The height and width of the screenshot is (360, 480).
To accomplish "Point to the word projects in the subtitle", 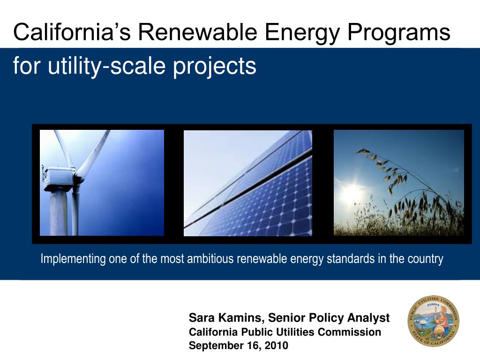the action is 214,67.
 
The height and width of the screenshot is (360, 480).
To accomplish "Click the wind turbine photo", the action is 102,183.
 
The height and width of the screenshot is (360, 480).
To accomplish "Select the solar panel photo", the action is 248,183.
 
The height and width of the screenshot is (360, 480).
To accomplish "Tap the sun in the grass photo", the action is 352,192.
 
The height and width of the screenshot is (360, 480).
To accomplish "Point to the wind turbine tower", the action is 58,213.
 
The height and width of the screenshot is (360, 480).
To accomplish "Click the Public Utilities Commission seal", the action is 433,321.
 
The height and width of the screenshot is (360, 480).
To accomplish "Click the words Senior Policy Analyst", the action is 329,318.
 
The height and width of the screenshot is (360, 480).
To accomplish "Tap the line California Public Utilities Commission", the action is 285,332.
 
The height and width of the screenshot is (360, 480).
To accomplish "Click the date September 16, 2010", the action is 239,345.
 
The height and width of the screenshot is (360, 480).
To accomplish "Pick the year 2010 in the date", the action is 277,345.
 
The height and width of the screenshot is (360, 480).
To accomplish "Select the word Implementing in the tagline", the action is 73,259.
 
